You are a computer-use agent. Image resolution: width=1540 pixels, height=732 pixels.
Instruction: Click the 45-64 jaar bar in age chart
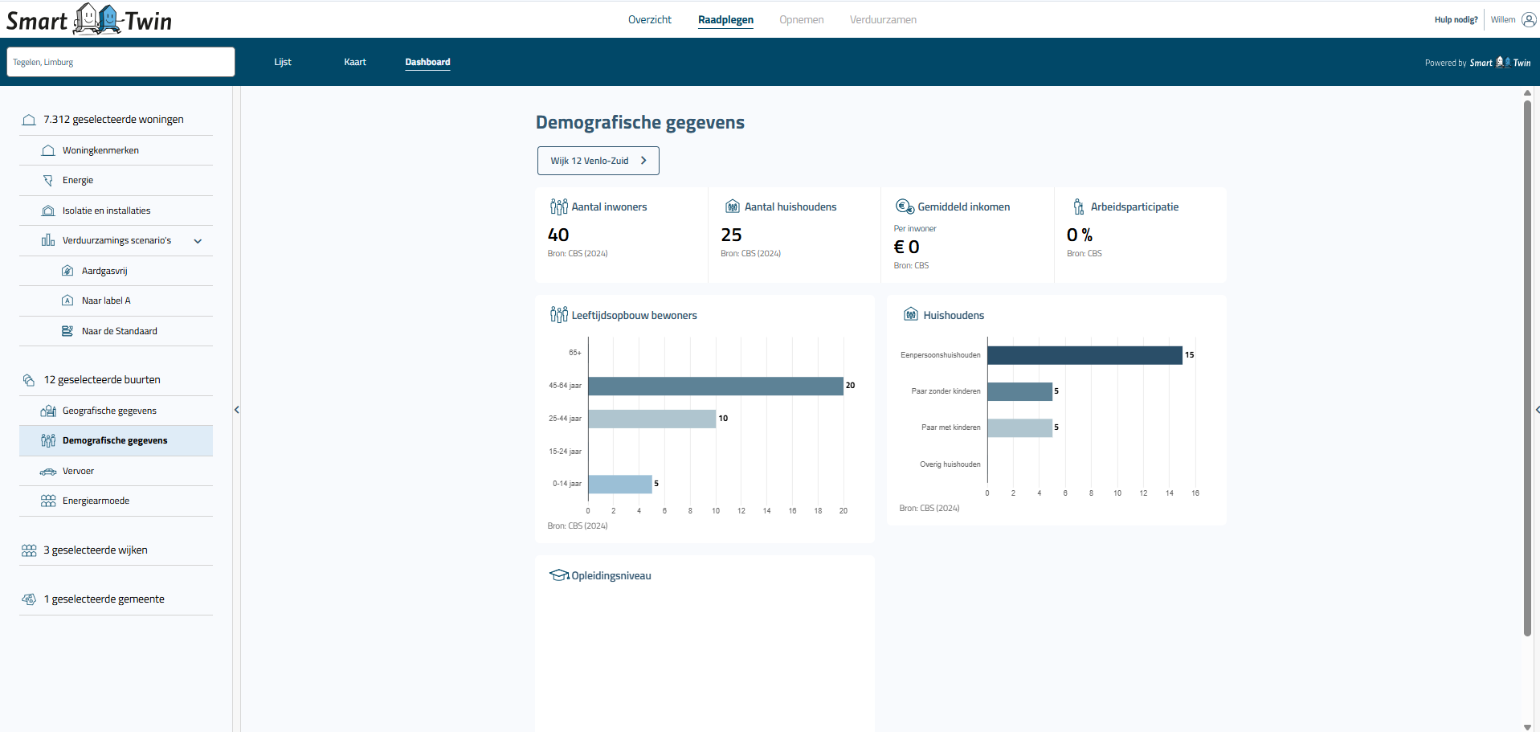[715, 386]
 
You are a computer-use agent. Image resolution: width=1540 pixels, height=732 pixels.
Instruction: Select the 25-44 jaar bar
[652, 419]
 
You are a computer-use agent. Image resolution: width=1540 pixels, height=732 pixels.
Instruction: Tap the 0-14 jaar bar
[619, 484]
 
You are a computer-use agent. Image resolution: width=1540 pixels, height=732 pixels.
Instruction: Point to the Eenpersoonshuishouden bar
[1085, 355]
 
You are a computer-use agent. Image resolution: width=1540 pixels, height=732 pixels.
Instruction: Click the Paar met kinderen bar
[1019, 427]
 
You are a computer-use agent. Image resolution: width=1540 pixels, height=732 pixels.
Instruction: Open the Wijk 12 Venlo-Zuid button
[598, 161]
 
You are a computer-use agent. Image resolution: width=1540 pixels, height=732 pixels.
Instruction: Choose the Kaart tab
[355, 62]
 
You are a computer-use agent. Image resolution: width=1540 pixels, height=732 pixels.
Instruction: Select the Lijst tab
[283, 62]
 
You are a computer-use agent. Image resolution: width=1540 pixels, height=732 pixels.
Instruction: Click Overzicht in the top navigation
[649, 19]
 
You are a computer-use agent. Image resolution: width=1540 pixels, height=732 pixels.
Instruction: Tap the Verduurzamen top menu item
[883, 19]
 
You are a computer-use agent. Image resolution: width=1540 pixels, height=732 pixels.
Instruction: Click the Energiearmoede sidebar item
[96, 501]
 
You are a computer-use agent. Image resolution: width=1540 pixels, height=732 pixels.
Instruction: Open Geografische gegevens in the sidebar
[109, 411]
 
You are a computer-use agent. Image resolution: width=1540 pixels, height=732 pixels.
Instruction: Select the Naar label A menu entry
[106, 301]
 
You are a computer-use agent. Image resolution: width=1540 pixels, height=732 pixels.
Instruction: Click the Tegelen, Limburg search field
[121, 62]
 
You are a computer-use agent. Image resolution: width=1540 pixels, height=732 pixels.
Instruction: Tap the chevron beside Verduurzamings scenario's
[198, 241]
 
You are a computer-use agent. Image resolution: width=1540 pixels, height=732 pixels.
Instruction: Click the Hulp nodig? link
[1456, 19]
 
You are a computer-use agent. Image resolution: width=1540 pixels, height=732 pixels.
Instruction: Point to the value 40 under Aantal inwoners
[558, 235]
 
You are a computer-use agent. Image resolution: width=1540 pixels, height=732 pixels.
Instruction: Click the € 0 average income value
[906, 247]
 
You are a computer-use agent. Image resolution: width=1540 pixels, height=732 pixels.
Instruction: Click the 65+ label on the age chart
[574, 353]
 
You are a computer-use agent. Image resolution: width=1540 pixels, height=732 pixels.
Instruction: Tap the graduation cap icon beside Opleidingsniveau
[558, 575]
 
